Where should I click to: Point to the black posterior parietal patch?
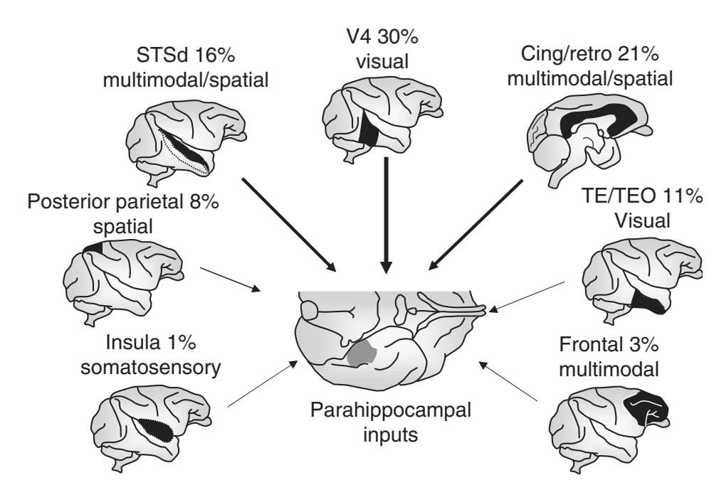tap(93, 247)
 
